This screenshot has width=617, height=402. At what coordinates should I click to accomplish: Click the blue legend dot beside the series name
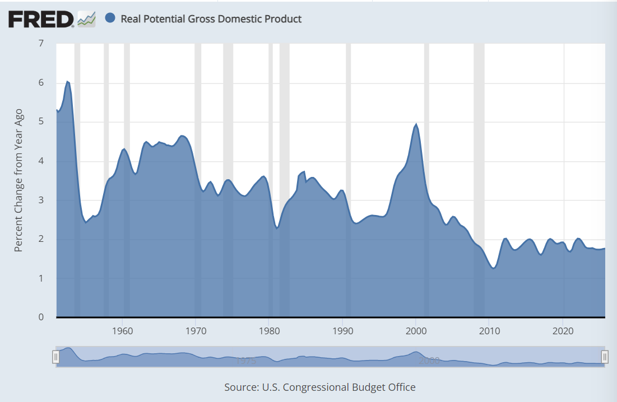pyautogui.click(x=110, y=18)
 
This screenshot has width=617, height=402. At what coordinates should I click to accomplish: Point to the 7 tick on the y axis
pyautogui.click(x=41, y=44)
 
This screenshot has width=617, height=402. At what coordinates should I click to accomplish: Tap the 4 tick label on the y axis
pyautogui.click(x=41, y=161)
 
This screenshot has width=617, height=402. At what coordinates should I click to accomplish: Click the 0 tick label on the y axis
pyautogui.click(x=41, y=317)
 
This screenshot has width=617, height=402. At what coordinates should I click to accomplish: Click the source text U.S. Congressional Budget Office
pyautogui.click(x=320, y=387)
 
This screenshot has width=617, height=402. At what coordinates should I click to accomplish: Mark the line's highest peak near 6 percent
pyautogui.click(x=67, y=82)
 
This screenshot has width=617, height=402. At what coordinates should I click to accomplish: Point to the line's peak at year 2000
pyautogui.click(x=416, y=124)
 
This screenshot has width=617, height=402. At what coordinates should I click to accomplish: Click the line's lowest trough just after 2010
pyautogui.click(x=493, y=268)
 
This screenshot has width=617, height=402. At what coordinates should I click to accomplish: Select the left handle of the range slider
pyautogui.click(x=56, y=357)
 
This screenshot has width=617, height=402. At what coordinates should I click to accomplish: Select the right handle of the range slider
pyautogui.click(x=605, y=357)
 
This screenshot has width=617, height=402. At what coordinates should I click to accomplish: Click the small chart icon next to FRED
pyautogui.click(x=86, y=19)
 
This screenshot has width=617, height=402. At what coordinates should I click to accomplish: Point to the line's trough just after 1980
pyautogui.click(x=277, y=227)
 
